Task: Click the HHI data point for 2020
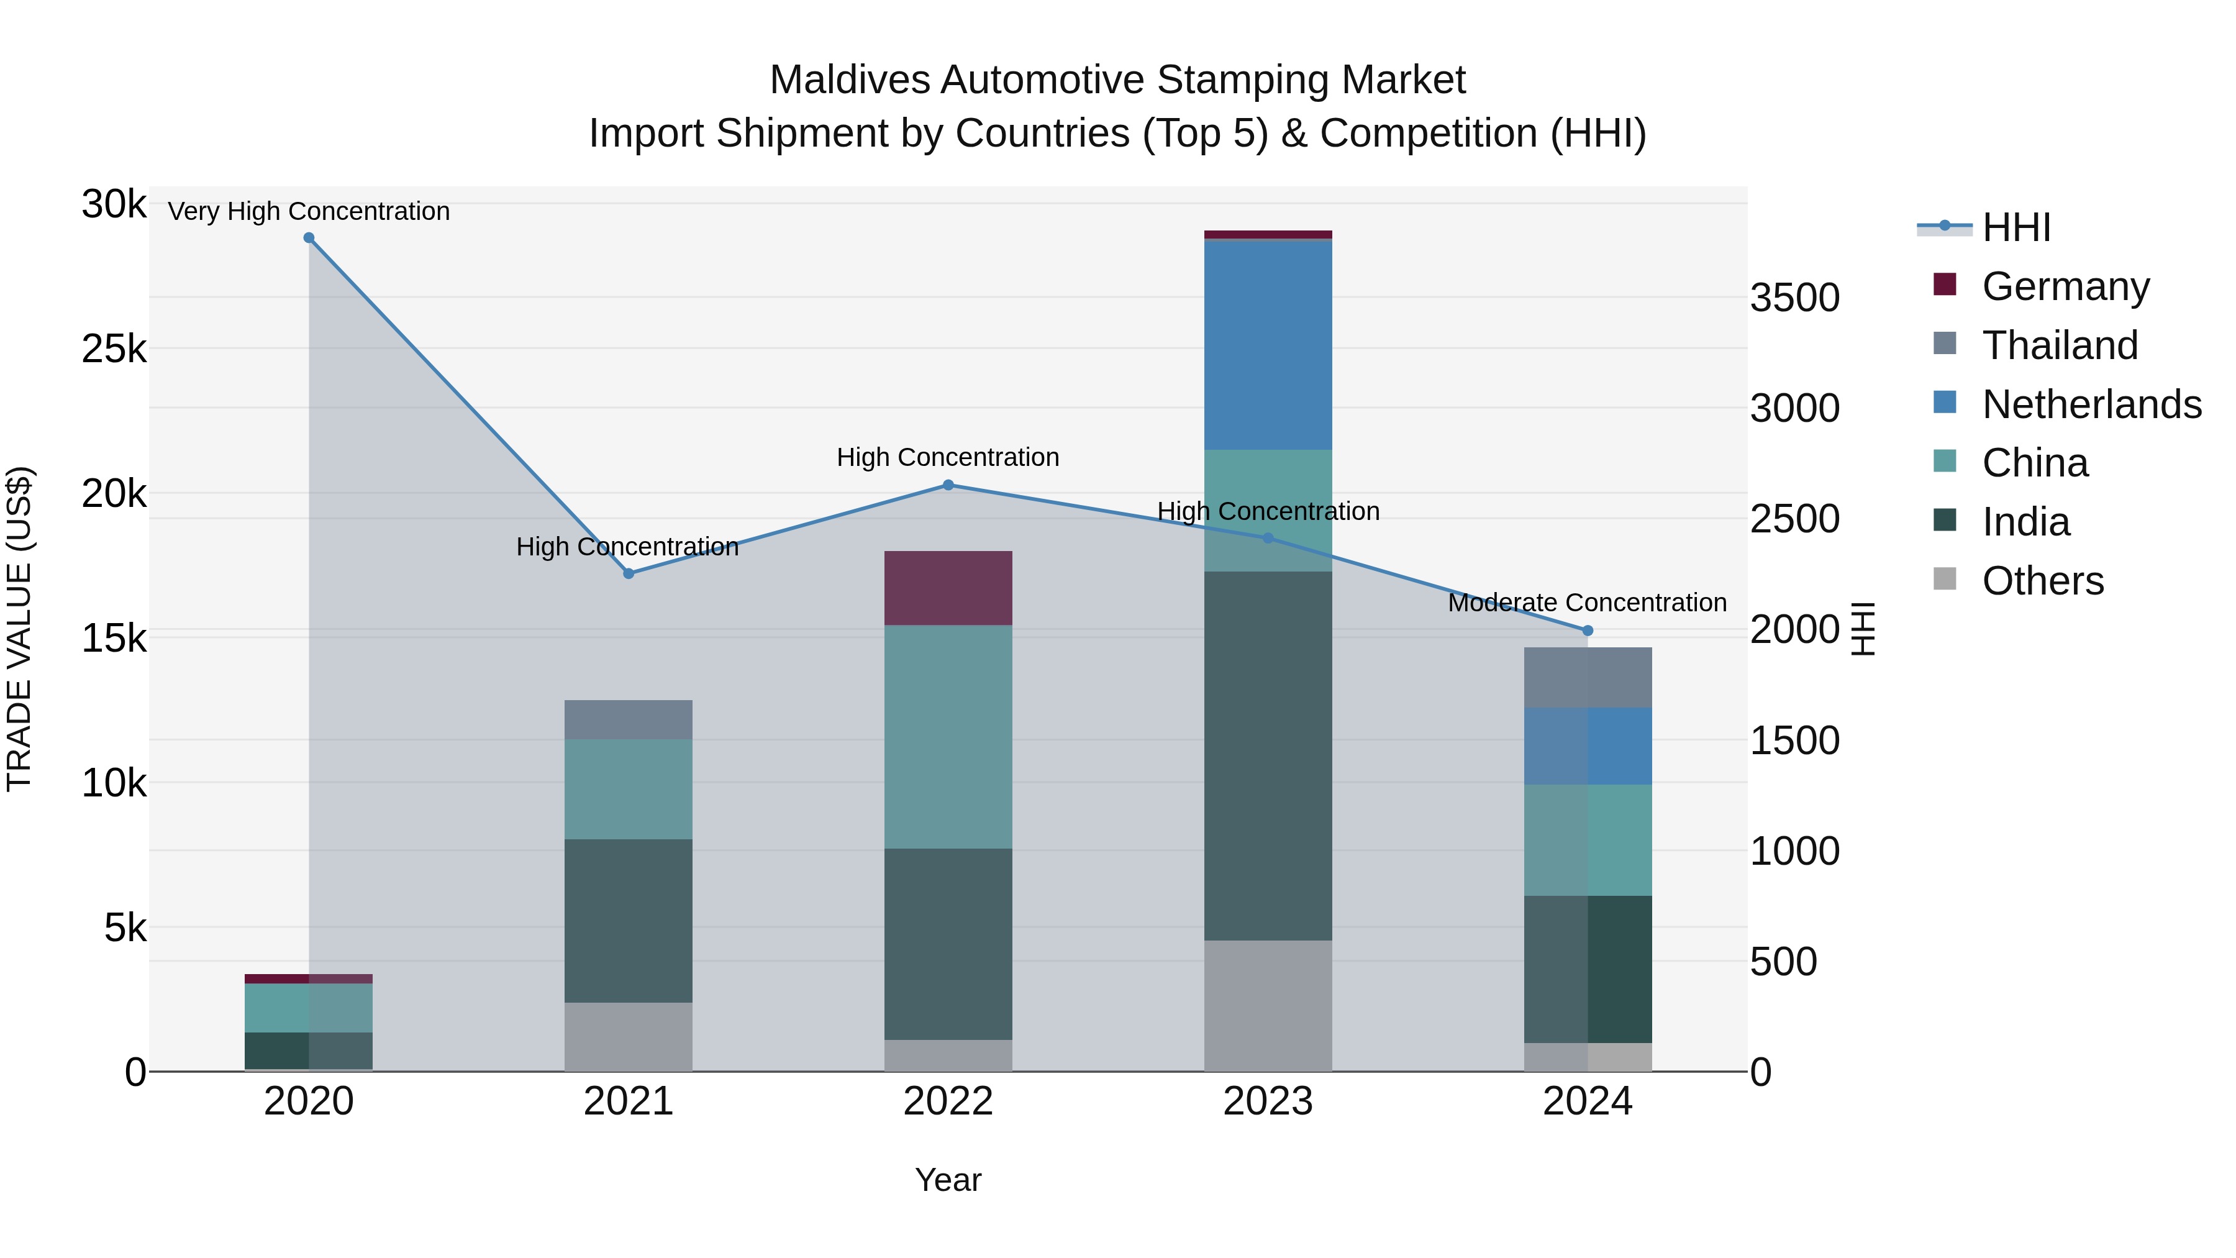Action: click(x=309, y=238)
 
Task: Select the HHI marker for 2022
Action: click(x=948, y=485)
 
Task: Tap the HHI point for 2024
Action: click(x=1588, y=631)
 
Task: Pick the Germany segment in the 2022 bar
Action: click(x=948, y=588)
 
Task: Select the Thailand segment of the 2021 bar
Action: click(x=629, y=720)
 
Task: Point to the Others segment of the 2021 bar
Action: click(x=629, y=1037)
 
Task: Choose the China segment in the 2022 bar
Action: click(x=948, y=736)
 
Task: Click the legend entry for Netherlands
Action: click(x=2091, y=404)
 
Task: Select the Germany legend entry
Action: click(x=2065, y=286)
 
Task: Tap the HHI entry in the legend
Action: click(x=2016, y=227)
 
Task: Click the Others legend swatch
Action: click(x=1945, y=579)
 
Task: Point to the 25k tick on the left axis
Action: click(x=114, y=350)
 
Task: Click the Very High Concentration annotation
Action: click(x=309, y=212)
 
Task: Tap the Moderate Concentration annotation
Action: click(x=1587, y=603)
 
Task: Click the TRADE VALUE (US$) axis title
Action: click(x=19, y=629)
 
